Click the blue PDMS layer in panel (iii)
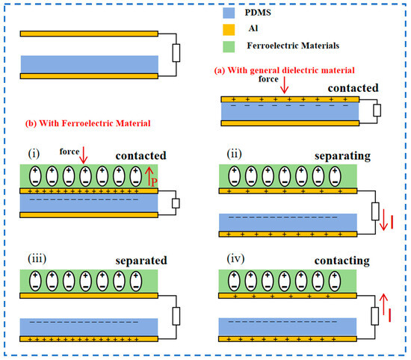pyautogui.click(x=90, y=327)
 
